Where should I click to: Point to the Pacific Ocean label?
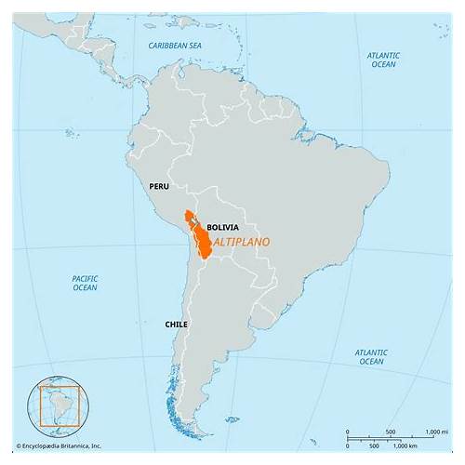click(x=85, y=283)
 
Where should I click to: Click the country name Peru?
click(x=159, y=186)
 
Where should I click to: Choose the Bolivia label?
click(x=222, y=227)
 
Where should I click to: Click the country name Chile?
click(x=177, y=324)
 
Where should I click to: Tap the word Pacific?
click(x=85, y=277)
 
